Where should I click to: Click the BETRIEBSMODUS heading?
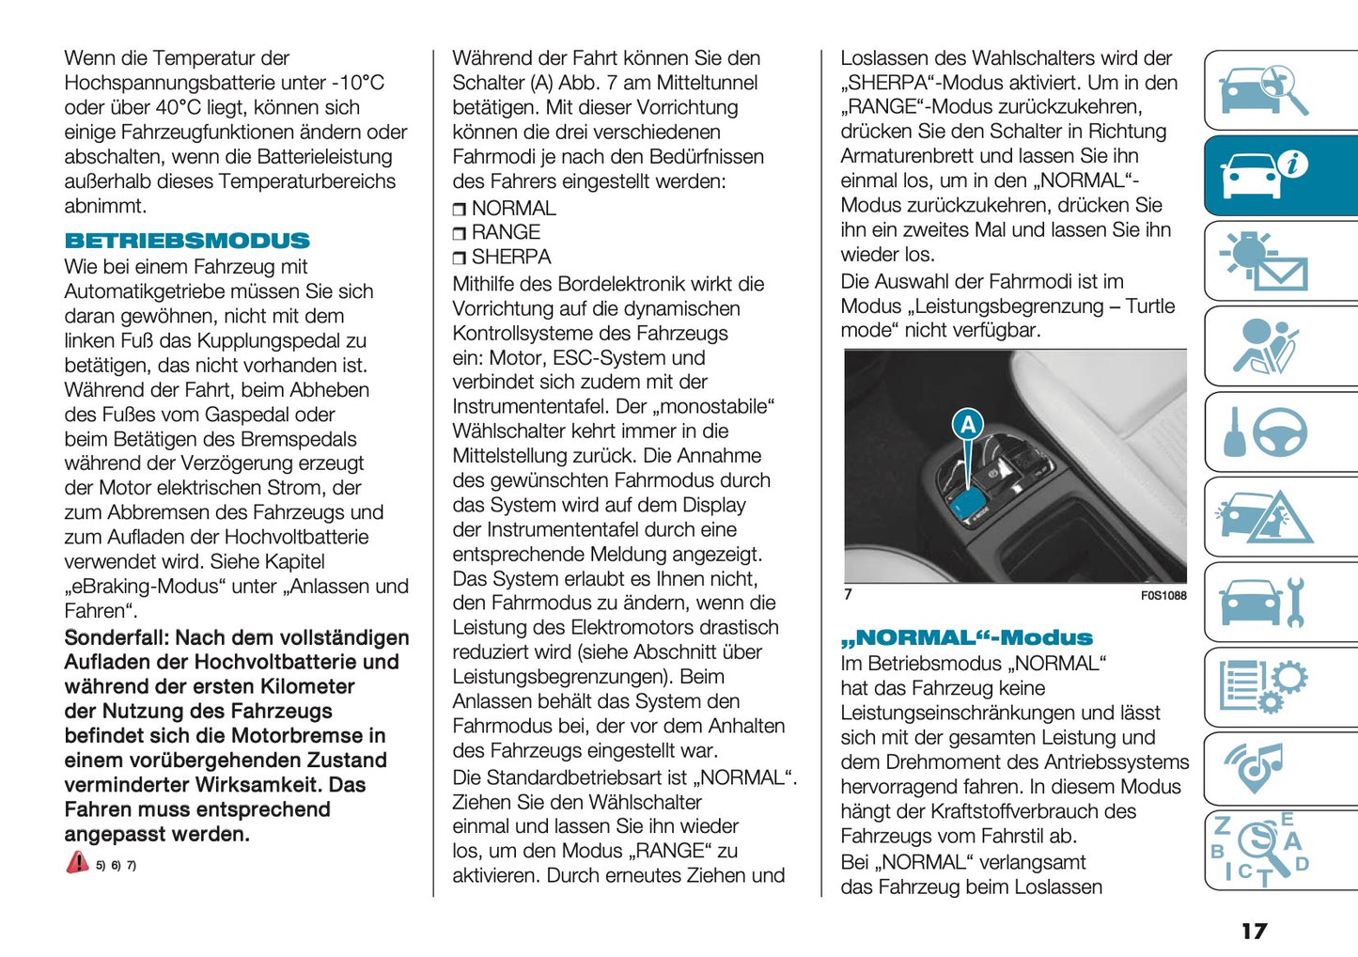187,241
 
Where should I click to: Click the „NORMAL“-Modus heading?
967,637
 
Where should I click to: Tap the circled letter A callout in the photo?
968,425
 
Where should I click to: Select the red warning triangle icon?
77,863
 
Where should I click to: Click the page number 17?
1254,931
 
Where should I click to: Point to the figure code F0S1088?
1163,595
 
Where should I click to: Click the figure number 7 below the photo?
849,594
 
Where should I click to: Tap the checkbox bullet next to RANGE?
460,233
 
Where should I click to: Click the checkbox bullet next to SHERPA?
460,258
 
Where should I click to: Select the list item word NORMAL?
514,208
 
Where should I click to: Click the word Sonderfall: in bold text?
117,637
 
